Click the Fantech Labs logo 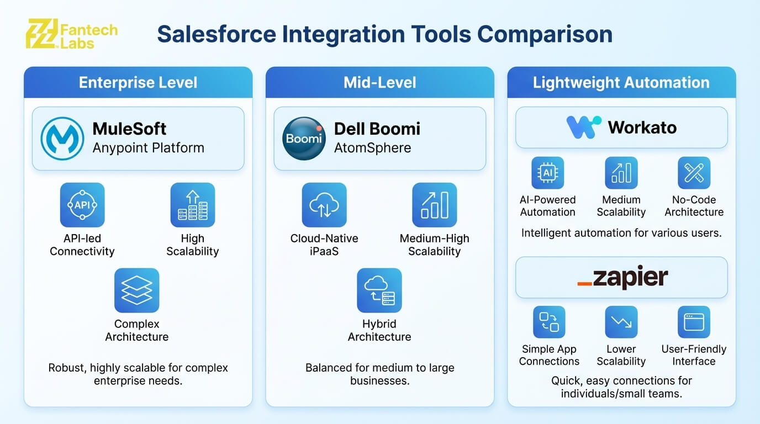(x=72, y=34)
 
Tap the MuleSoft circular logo (x=62, y=139)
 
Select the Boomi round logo (x=304, y=139)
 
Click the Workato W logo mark (x=584, y=128)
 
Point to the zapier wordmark (x=622, y=277)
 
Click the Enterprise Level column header (x=138, y=83)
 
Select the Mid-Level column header (x=379, y=83)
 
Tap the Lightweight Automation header (x=621, y=83)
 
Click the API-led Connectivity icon (x=82, y=205)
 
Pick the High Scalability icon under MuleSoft (x=192, y=205)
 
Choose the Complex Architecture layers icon (x=136, y=290)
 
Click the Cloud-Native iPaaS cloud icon (x=324, y=205)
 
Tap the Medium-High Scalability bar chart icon (x=434, y=205)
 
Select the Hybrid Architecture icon (x=379, y=290)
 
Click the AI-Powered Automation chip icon (x=547, y=173)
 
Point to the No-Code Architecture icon (x=694, y=173)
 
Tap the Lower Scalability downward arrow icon (x=621, y=322)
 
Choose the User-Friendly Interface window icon (x=694, y=322)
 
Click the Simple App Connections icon (x=549, y=322)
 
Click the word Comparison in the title (x=545, y=34)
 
